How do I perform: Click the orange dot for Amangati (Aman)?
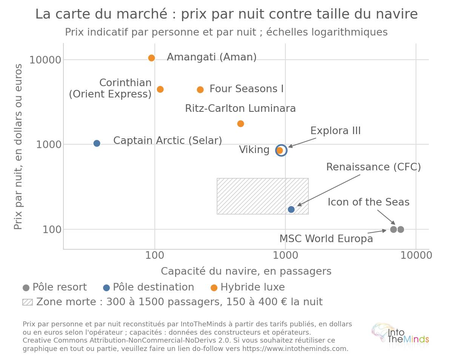151,58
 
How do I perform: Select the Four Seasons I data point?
200,90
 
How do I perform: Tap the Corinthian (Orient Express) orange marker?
160,89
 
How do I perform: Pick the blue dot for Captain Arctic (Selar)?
97,144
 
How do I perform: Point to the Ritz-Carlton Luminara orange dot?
240,124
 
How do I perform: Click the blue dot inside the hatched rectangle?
291,209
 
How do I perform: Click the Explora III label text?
336,131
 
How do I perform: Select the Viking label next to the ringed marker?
254,150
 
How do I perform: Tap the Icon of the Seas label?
368,202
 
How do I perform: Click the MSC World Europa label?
326,239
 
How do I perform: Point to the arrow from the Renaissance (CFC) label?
328,190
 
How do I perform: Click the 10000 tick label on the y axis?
45,60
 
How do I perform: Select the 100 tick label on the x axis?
155,255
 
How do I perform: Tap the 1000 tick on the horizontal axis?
285,255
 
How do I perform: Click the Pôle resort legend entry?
55,287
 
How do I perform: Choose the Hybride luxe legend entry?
248,287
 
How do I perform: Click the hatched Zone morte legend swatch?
28,302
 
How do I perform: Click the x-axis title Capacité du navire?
246,271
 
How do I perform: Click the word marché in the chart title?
142,14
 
